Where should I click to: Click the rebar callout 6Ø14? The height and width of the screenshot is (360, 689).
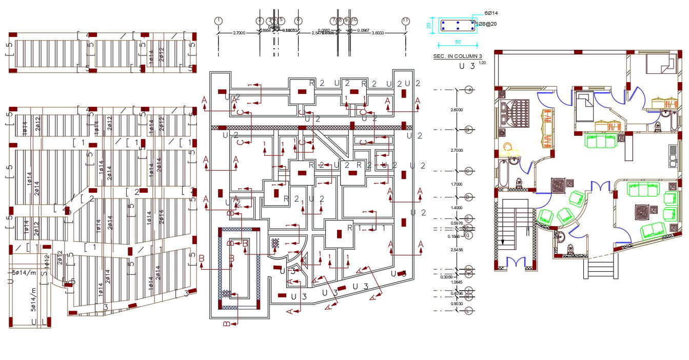491,13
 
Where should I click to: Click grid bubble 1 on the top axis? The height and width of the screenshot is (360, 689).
219,21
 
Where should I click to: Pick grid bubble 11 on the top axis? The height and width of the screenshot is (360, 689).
406,21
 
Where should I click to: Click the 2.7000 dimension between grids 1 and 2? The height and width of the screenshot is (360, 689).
239,33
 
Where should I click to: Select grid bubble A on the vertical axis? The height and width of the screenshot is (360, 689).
469,90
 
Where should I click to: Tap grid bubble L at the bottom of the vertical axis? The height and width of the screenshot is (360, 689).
469,311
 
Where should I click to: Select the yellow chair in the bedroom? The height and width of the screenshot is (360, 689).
508,148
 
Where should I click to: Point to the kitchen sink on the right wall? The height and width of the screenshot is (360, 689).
673,156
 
